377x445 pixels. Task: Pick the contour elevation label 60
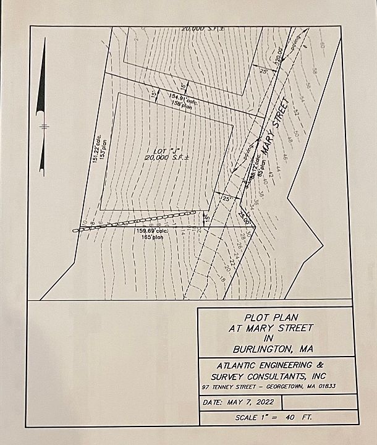click(x=322, y=46)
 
